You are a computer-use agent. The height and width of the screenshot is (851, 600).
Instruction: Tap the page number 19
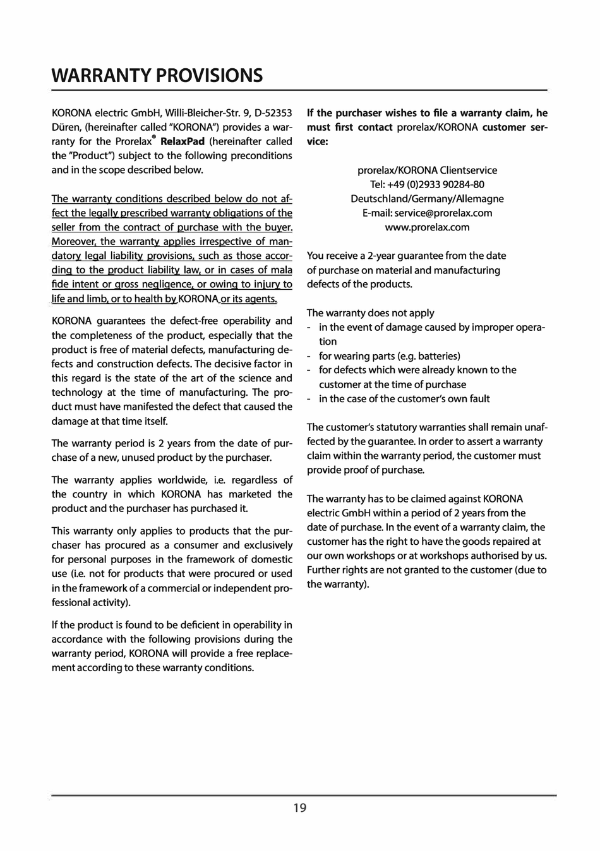(300, 807)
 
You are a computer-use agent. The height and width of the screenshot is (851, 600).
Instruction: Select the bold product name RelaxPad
(183, 141)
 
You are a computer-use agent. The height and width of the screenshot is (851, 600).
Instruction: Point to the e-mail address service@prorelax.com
(443, 213)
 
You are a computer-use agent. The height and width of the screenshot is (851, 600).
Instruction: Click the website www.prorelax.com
(427, 227)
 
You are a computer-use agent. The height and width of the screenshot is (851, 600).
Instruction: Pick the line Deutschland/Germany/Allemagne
(427, 199)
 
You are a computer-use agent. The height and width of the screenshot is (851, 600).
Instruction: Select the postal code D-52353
(273, 113)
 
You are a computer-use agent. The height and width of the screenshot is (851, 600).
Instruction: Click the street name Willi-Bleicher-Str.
(201, 113)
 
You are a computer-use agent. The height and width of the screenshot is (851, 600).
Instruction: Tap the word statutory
(390, 427)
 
